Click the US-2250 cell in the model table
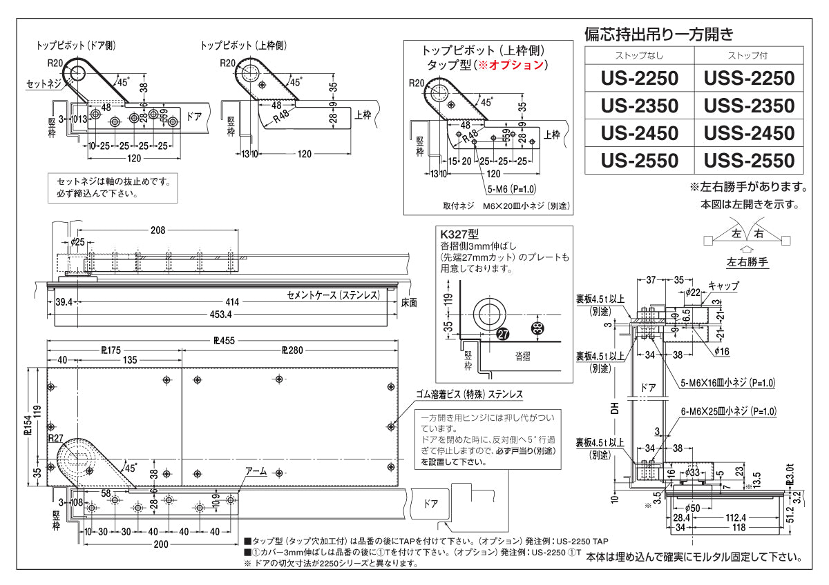coord(639,77)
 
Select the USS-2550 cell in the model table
coord(749,161)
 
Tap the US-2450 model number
coord(639,132)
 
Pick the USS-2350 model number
coord(749,106)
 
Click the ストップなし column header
coord(639,55)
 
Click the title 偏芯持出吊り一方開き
coord(658,33)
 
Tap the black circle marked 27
coord(503,333)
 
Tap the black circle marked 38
coord(538,327)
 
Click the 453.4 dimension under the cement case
coord(221,315)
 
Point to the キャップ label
coord(723,286)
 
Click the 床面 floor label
coord(409,302)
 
